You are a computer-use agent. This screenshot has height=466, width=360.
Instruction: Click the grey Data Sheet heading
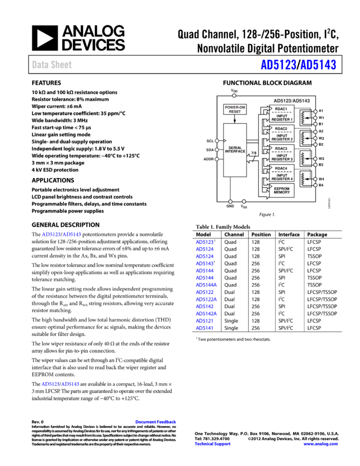pyautogui.click(x=52, y=65)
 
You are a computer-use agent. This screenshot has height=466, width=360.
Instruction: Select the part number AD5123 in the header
pyautogui.click(x=278, y=65)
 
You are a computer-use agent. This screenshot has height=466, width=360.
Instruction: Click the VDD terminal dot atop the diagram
pyautogui.click(x=234, y=95)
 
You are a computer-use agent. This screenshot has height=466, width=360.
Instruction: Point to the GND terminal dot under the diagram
pyautogui.click(x=230, y=202)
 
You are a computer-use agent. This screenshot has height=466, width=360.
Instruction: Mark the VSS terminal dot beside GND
pyautogui.click(x=244, y=202)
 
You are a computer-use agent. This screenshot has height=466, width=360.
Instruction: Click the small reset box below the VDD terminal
pyautogui.click(x=235, y=110)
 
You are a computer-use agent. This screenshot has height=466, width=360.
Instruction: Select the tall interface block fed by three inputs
pyautogui.click(x=235, y=150)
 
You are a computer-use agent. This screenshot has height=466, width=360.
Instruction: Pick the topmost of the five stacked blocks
pyautogui.click(x=282, y=113)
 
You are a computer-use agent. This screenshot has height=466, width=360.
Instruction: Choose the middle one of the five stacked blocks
pyautogui.click(x=282, y=153)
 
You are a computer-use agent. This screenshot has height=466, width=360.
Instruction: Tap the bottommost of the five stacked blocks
pyautogui.click(x=282, y=190)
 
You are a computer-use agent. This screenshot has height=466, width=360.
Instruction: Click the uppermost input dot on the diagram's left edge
pyautogui.click(x=217, y=141)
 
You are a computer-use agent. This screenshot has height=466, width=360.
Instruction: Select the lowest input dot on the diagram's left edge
pyautogui.click(x=217, y=159)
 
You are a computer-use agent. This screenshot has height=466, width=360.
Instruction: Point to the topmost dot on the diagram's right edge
pyautogui.click(x=315, y=111)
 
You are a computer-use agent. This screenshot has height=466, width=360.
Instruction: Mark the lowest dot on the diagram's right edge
pyautogui.click(x=315, y=185)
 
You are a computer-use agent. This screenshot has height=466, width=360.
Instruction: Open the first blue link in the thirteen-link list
pyautogui.click(x=204, y=242)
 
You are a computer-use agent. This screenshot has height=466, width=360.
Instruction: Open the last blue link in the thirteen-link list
pyautogui.click(x=204, y=328)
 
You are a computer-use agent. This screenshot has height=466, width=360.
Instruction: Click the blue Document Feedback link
pyautogui.click(x=156, y=422)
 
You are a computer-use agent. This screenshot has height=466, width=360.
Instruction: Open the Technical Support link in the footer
pyautogui.click(x=212, y=444)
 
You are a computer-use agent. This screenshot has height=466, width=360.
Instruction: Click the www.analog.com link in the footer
pyautogui.click(x=320, y=444)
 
